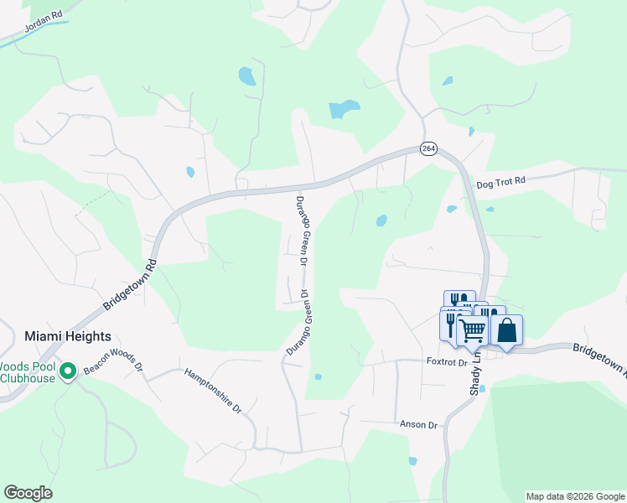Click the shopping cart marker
[472, 330]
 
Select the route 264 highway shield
[428, 148]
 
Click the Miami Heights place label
[68, 335]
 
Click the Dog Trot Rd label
[500, 181]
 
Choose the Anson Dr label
[419, 425]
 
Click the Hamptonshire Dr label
[213, 392]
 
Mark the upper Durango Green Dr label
[303, 231]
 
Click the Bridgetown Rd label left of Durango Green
[131, 285]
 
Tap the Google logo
[28, 493]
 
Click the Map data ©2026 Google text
[575, 496]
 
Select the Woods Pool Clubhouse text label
[28, 371]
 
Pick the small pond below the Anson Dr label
[412, 460]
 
